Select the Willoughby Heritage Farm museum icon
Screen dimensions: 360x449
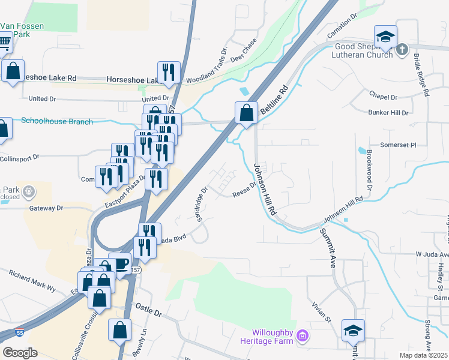tap(303, 336)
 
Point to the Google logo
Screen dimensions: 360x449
tap(19, 352)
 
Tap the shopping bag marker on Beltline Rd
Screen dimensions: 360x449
tap(246, 113)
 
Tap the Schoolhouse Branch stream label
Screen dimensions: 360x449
tap(57, 121)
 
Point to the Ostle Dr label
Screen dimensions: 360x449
tap(149, 313)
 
